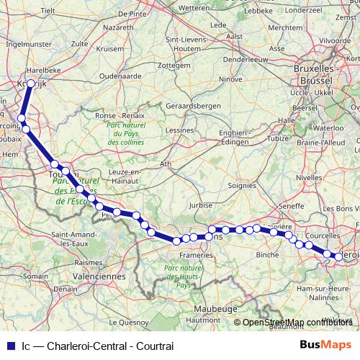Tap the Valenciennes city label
[x=96, y=276]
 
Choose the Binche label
[x=267, y=255]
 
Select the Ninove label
[x=230, y=78]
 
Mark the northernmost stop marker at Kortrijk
[x=31, y=84]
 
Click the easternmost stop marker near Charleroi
[x=338, y=256]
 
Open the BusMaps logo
[x=330, y=346]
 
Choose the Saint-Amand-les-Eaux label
[x=70, y=238]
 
